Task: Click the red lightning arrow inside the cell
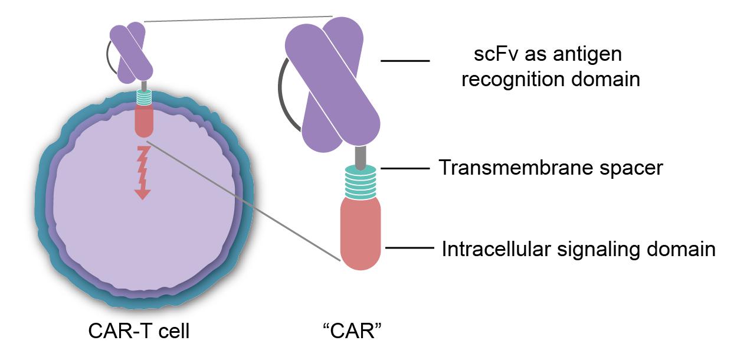142,174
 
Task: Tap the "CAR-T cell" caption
139,331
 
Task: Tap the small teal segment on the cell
144,97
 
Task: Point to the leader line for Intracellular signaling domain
408,248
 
